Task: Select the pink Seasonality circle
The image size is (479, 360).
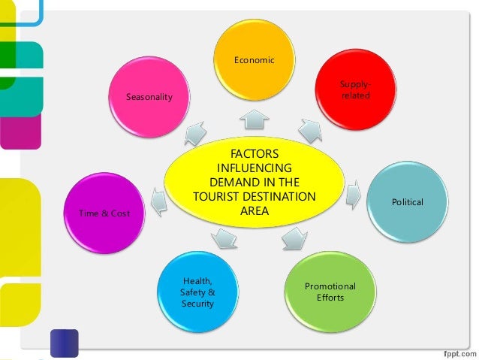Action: [149, 98]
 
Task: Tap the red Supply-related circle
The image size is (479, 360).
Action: [355, 90]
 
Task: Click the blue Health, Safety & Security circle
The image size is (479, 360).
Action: [197, 292]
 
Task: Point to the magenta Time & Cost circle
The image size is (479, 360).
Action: [104, 213]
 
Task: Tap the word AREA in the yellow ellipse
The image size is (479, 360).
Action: [254, 211]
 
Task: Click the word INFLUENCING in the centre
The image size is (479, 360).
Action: [254, 168]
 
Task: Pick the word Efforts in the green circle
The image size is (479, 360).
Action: [330, 298]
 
